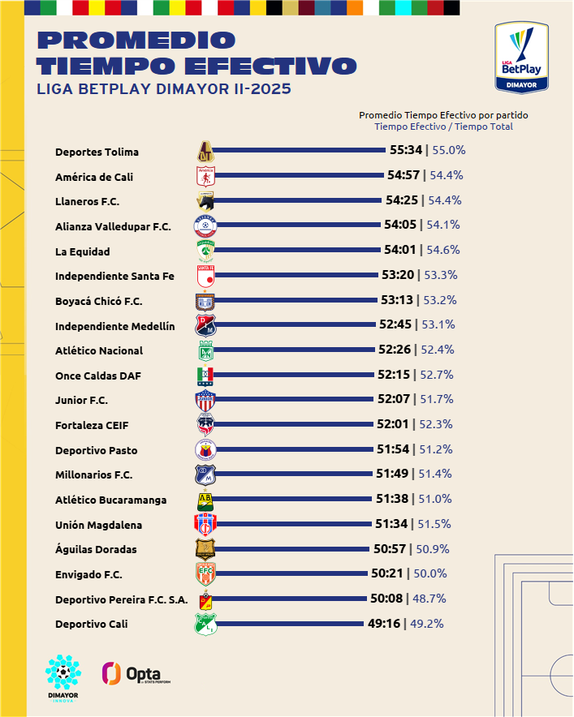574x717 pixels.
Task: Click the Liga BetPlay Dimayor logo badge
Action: [x=521, y=57]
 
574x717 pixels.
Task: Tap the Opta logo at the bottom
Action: [x=131, y=673]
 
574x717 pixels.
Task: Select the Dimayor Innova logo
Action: [x=63, y=677]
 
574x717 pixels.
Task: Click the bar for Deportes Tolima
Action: [x=300, y=150]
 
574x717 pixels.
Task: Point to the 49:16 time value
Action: [x=384, y=624]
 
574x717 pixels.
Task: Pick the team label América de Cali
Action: [x=94, y=177]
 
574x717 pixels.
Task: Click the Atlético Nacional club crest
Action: [x=206, y=350]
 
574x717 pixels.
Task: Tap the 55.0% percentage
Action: [x=449, y=150]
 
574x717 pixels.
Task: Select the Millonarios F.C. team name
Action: [x=93, y=474]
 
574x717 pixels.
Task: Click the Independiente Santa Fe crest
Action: [x=206, y=277]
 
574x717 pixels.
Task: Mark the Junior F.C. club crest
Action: [x=206, y=400]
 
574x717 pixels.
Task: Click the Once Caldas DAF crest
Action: [x=206, y=375]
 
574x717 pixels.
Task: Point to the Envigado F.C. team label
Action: [x=88, y=574]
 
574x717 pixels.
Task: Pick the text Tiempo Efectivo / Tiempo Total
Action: [x=443, y=127]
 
